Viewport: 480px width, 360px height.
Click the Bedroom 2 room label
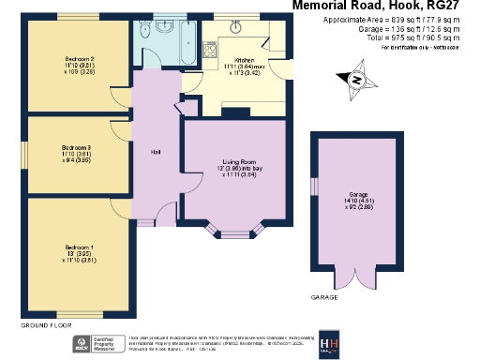77,57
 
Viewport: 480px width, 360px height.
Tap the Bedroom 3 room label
76,147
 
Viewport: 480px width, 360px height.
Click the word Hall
157,152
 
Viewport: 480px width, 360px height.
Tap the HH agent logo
330,342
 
